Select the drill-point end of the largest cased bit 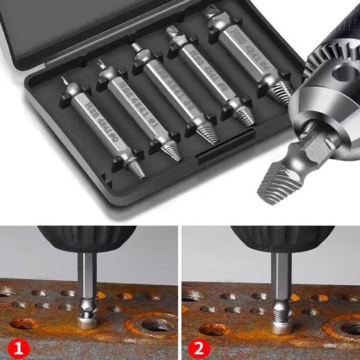(x=211, y=14)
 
